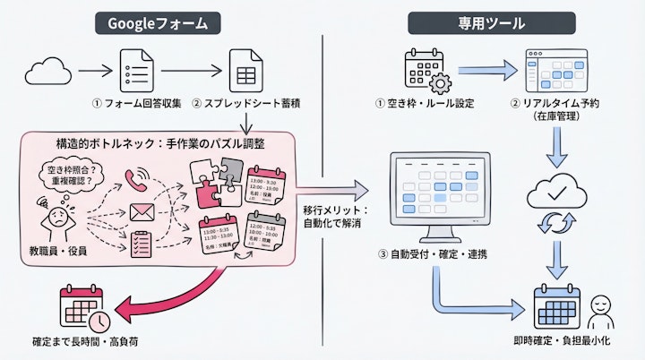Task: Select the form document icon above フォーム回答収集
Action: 137,68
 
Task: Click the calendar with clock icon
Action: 83,306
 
